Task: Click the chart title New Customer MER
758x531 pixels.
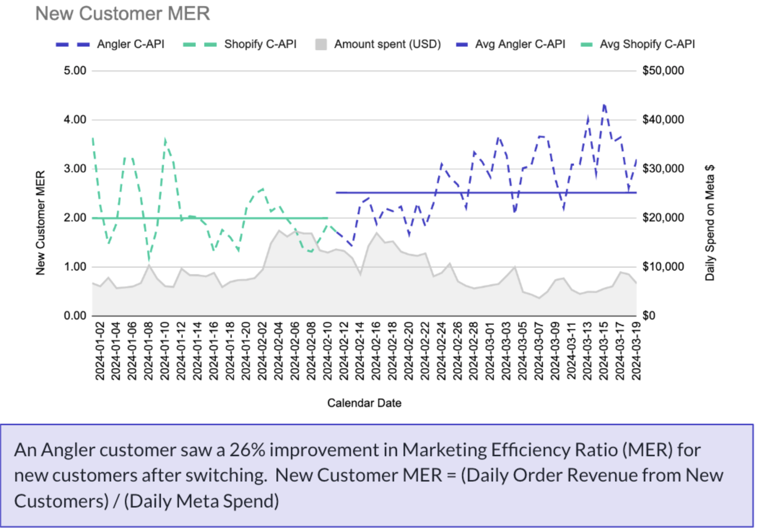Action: tap(122, 14)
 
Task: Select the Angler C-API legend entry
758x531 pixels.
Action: tap(130, 44)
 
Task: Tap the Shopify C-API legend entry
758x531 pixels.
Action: tap(260, 44)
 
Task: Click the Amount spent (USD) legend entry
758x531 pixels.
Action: tap(387, 44)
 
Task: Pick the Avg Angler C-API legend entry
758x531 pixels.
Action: tap(520, 44)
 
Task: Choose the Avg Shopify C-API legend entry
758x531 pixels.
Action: tap(647, 44)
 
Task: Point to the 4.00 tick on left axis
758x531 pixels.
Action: tap(75, 120)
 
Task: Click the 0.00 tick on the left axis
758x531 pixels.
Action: tap(75, 316)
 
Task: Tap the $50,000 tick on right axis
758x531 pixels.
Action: tap(663, 70)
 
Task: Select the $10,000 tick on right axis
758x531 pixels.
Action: tap(663, 267)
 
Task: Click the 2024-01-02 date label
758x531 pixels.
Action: tap(100, 351)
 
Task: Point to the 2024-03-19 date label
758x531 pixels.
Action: tap(636, 351)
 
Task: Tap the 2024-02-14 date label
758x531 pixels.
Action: tap(360, 351)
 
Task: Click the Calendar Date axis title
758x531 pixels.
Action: tap(364, 403)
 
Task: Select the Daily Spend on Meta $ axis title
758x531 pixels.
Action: tap(710, 223)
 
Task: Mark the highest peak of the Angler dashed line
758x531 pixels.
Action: tap(604, 104)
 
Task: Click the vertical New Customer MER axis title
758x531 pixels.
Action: tap(40, 223)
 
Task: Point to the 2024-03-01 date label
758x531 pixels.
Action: tap(489, 351)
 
